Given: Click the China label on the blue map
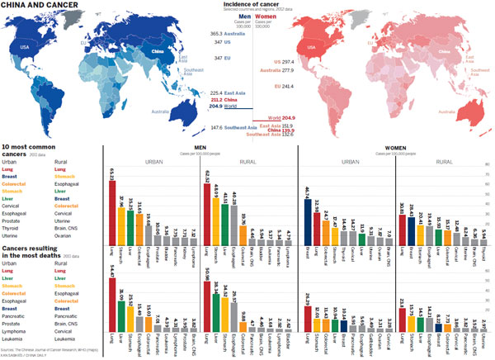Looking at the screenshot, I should click(157, 50).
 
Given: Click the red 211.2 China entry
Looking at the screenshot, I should click(216, 100).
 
